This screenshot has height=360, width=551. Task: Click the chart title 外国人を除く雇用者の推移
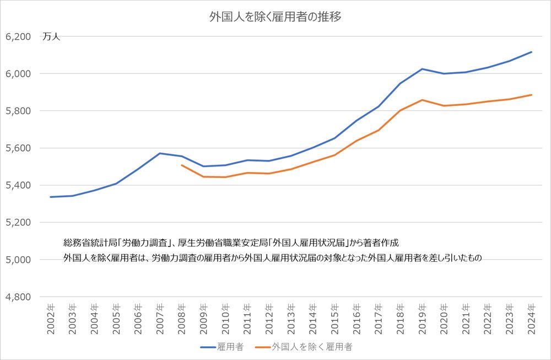point(275,17)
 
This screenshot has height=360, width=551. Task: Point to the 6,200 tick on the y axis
point(18,37)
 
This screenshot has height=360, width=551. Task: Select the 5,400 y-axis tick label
point(18,185)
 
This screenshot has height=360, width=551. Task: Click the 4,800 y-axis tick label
point(18,297)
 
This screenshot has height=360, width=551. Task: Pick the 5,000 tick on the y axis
point(18,260)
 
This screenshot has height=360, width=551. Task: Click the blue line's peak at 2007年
point(160,153)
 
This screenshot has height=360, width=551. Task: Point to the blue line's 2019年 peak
point(422,69)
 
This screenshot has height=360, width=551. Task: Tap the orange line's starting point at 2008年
point(181,165)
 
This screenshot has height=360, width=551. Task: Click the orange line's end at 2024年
point(531,95)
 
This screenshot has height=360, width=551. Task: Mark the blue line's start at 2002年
point(51,197)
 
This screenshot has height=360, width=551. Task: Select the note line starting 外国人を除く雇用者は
point(273,257)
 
